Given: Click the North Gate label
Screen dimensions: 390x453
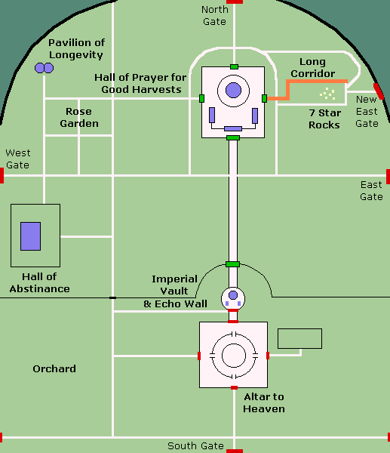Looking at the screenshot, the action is [x=214, y=15].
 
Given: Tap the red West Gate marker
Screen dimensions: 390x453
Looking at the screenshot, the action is [x=2, y=176].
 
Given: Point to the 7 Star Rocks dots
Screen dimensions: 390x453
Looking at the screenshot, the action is [x=327, y=94].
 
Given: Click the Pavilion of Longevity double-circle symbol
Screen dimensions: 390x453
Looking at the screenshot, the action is [x=45, y=68].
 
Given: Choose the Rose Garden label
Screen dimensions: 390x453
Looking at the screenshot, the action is [x=79, y=117].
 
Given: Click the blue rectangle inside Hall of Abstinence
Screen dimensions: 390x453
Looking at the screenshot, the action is [x=30, y=236].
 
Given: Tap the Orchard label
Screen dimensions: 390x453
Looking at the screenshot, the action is [x=54, y=368].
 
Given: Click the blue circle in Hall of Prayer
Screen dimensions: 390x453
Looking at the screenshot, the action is [x=233, y=91].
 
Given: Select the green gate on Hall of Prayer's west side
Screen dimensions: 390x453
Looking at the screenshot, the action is [x=201, y=98].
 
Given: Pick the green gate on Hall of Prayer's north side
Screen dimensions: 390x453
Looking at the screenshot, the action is [x=234, y=66].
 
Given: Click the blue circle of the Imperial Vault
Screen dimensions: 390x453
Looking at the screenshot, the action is [x=233, y=295].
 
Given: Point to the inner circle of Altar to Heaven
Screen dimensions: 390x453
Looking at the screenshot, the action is [x=234, y=344].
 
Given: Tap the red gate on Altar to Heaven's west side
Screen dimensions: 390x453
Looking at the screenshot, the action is [x=199, y=356].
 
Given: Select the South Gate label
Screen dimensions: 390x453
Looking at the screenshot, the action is [x=195, y=445].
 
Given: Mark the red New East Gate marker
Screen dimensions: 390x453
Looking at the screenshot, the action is [x=379, y=91].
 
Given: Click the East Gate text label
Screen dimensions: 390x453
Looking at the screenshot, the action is [x=371, y=191].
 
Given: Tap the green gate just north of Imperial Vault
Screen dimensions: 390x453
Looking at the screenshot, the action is [x=232, y=264].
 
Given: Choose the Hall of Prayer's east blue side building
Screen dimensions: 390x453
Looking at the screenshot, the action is [x=255, y=116].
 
